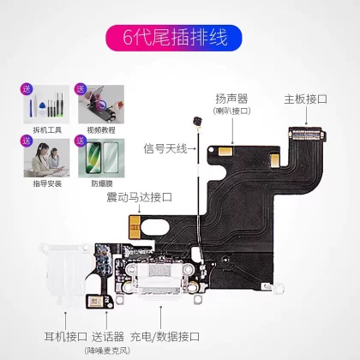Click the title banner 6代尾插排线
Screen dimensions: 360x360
pos(174,38)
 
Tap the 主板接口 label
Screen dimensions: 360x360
pos(305,99)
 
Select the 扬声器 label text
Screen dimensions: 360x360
pos(231,99)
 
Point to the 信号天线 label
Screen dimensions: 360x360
pos(165,149)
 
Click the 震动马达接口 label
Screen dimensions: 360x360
pos(139,197)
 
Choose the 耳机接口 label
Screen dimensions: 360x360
pos(66,337)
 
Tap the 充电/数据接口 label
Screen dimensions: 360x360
pos(165,337)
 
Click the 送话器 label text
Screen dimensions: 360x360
pos(108,337)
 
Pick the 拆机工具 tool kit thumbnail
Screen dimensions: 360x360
pos(46,105)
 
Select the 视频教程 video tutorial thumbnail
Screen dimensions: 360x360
pos(101,105)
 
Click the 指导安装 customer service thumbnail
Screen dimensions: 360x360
pos(46,158)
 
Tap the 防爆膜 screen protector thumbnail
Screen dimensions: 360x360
pos(101,158)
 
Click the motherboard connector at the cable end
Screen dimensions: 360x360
pos(308,134)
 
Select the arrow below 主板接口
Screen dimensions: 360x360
pos(306,117)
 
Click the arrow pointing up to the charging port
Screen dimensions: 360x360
pos(161,318)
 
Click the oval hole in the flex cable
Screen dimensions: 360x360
pos(155,228)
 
